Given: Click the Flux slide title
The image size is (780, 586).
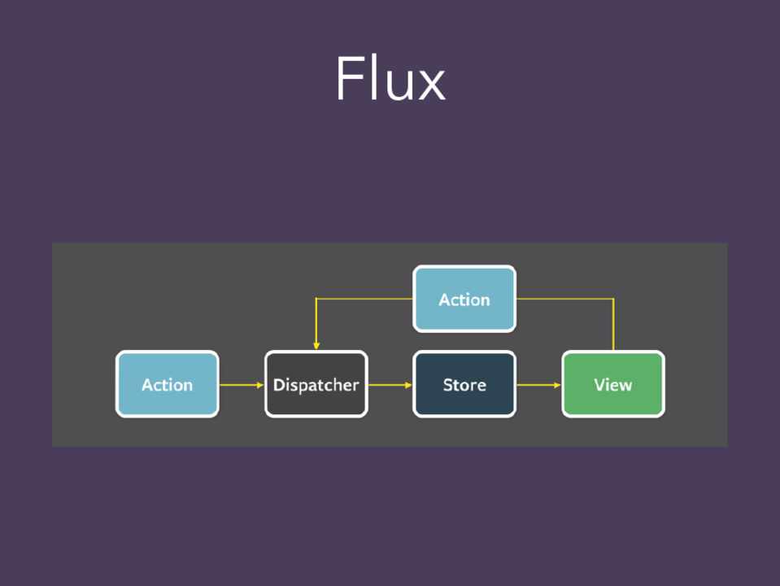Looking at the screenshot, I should pyautogui.click(x=390, y=79).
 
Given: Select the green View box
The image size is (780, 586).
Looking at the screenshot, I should pyautogui.click(x=613, y=384).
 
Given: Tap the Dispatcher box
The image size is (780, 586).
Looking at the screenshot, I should pyautogui.click(x=316, y=384).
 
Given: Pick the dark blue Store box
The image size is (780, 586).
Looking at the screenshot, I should pyautogui.click(x=464, y=384).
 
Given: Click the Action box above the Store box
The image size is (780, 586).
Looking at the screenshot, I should pyautogui.click(x=464, y=299).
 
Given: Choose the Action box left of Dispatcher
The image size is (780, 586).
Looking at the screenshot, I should pyautogui.click(x=167, y=384).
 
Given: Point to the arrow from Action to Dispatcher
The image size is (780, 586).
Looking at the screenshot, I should pyautogui.click(x=241, y=384).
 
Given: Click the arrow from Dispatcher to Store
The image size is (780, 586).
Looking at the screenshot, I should pyautogui.click(x=390, y=384).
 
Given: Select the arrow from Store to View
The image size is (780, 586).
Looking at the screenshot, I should pyautogui.click(x=538, y=384).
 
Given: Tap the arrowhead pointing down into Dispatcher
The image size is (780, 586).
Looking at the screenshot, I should pyautogui.click(x=316, y=346).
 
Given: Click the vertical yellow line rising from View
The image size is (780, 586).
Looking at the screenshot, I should pyautogui.click(x=613, y=326).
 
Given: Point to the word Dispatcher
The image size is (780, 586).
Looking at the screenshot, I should pyautogui.click(x=316, y=385).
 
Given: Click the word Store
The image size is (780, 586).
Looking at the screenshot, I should pyautogui.click(x=464, y=385).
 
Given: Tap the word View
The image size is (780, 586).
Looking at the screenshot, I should pyautogui.click(x=613, y=385).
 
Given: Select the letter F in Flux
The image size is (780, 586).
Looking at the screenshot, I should pyautogui.click(x=348, y=79).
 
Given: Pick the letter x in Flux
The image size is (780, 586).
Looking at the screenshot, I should pyautogui.click(x=431, y=85).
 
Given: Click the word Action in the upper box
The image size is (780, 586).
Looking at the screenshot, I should pyautogui.click(x=464, y=300).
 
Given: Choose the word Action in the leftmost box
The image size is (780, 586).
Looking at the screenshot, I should pyautogui.click(x=167, y=385).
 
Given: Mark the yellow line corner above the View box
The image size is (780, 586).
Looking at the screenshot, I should pyautogui.click(x=613, y=299).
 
